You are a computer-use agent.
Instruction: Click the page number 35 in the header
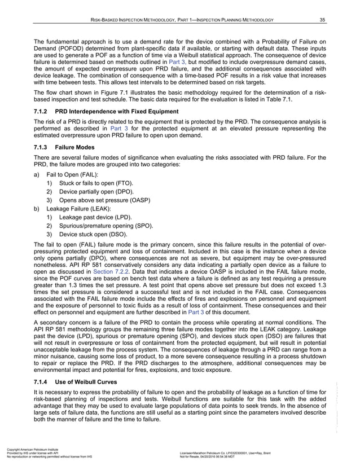tap(322, 21)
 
